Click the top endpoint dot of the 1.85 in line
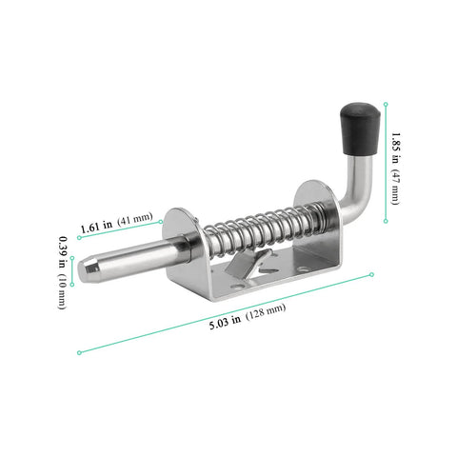pyautogui.click(x=386, y=103)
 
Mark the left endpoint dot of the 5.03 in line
pyautogui.click(x=79, y=351)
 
